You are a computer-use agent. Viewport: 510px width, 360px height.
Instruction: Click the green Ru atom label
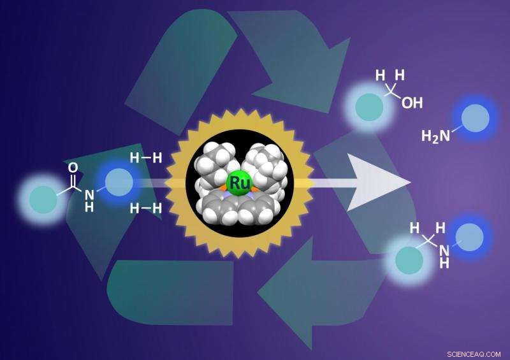(x=240, y=183)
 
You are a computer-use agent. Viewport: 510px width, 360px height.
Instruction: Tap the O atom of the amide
(x=73, y=168)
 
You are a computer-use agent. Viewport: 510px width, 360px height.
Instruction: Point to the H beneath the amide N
(x=89, y=206)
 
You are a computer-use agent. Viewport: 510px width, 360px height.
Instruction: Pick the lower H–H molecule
(x=146, y=208)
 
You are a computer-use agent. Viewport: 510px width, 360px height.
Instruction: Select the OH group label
(x=412, y=102)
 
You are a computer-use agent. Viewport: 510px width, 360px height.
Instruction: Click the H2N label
(x=436, y=135)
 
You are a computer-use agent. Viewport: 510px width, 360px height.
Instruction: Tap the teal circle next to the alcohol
(x=368, y=106)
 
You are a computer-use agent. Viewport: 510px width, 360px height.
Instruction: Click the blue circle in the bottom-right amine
(x=469, y=236)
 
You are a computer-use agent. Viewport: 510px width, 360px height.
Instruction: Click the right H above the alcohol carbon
(x=401, y=75)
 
